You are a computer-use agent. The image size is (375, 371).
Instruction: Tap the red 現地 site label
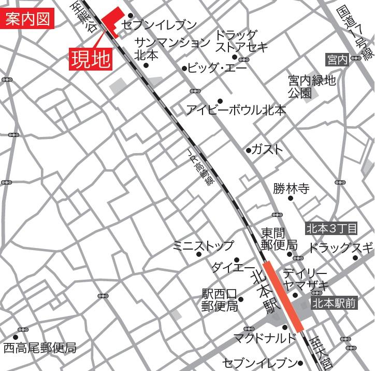coord(91,59)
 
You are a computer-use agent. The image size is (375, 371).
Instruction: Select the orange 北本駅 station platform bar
coord(283,296)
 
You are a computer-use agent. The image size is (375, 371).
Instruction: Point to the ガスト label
coord(268,149)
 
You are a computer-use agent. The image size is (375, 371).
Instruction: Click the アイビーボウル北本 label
coord(236,110)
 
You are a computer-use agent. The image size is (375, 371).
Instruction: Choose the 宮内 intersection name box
coord(337,60)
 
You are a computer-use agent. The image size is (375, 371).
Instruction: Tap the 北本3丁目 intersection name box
coord(331,228)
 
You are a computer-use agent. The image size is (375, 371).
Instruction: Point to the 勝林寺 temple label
coord(291,188)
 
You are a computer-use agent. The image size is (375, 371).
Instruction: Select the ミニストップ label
coord(203,245)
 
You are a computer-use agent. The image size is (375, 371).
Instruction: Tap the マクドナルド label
coord(264,338)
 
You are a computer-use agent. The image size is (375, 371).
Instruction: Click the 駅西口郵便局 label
coord(220,300)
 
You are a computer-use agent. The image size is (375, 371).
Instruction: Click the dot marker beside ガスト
coord(248,150)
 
